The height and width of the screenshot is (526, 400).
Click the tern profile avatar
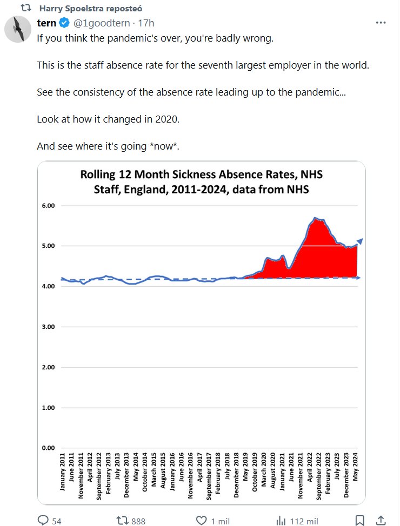[x=17, y=29]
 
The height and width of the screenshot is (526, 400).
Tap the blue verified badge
[x=64, y=23]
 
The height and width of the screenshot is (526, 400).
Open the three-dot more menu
[x=381, y=23]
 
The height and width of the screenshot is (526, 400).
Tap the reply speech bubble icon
[x=43, y=521]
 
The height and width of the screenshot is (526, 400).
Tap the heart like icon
[x=201, y=521]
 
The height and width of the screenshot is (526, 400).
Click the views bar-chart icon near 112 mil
[x=281, y=521]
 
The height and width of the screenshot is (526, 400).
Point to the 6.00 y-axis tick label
[x=48, y=206]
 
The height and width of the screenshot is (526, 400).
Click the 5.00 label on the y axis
[x=48, y=246]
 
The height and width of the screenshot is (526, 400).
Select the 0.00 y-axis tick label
[x=48, y=448]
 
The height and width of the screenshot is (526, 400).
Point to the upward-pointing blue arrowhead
[x=359, y=241]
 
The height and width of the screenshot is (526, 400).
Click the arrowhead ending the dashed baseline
[x=358, y=278]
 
